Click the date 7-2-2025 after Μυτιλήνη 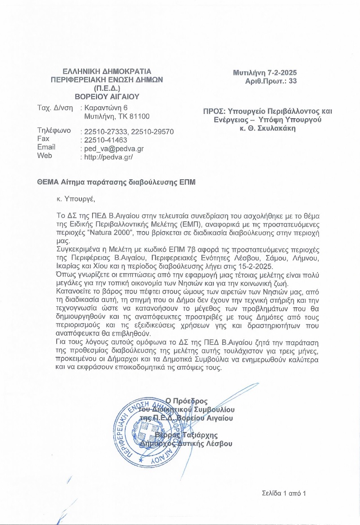(282, 73)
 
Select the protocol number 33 (293, 81)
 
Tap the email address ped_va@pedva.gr (114, 149)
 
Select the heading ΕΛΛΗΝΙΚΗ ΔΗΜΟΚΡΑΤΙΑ (107, 71)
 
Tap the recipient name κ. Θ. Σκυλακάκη (267, 128)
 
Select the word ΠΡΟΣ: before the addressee (212, 111)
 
